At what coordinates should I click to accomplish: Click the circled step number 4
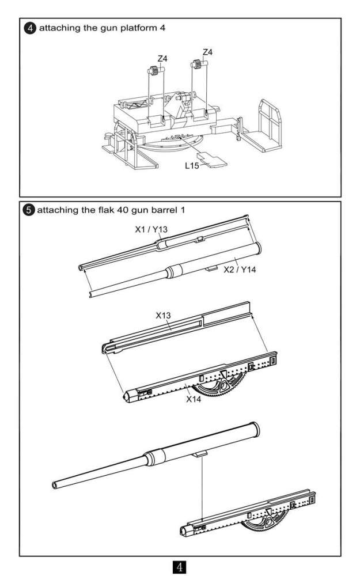coord(27,28)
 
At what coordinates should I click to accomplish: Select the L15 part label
coord(192,166)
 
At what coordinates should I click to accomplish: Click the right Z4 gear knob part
coord(199,65)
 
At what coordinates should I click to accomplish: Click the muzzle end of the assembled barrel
coord(55,484)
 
